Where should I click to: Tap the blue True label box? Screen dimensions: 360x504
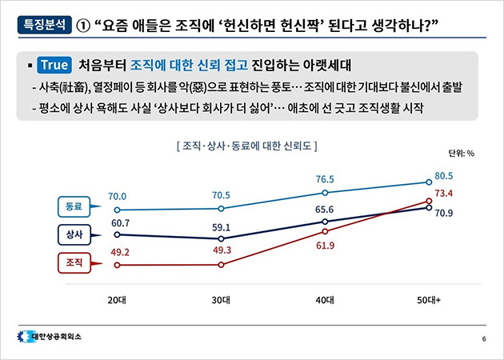pyautogui.click(x=54, y=64)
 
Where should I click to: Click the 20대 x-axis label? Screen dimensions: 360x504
pyautogui.click(x=118, y=299)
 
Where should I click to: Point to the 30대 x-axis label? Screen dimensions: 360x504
pyautogui.click(x=221, y=299)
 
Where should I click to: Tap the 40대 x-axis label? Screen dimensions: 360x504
pyautogui.click(x=324, y=299)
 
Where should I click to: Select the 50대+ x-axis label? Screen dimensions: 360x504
pyautogui.click(x=427, y=299)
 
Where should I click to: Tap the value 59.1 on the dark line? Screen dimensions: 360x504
pyautogui.click(x=221, y=226)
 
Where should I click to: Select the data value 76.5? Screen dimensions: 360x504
pyautogui.click(x=325, y=179)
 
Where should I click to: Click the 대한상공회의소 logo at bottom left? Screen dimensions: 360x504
pyautogui.click(x=53, y=336)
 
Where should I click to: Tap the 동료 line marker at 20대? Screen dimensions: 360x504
pyautogui.click(x=118, y=210)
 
